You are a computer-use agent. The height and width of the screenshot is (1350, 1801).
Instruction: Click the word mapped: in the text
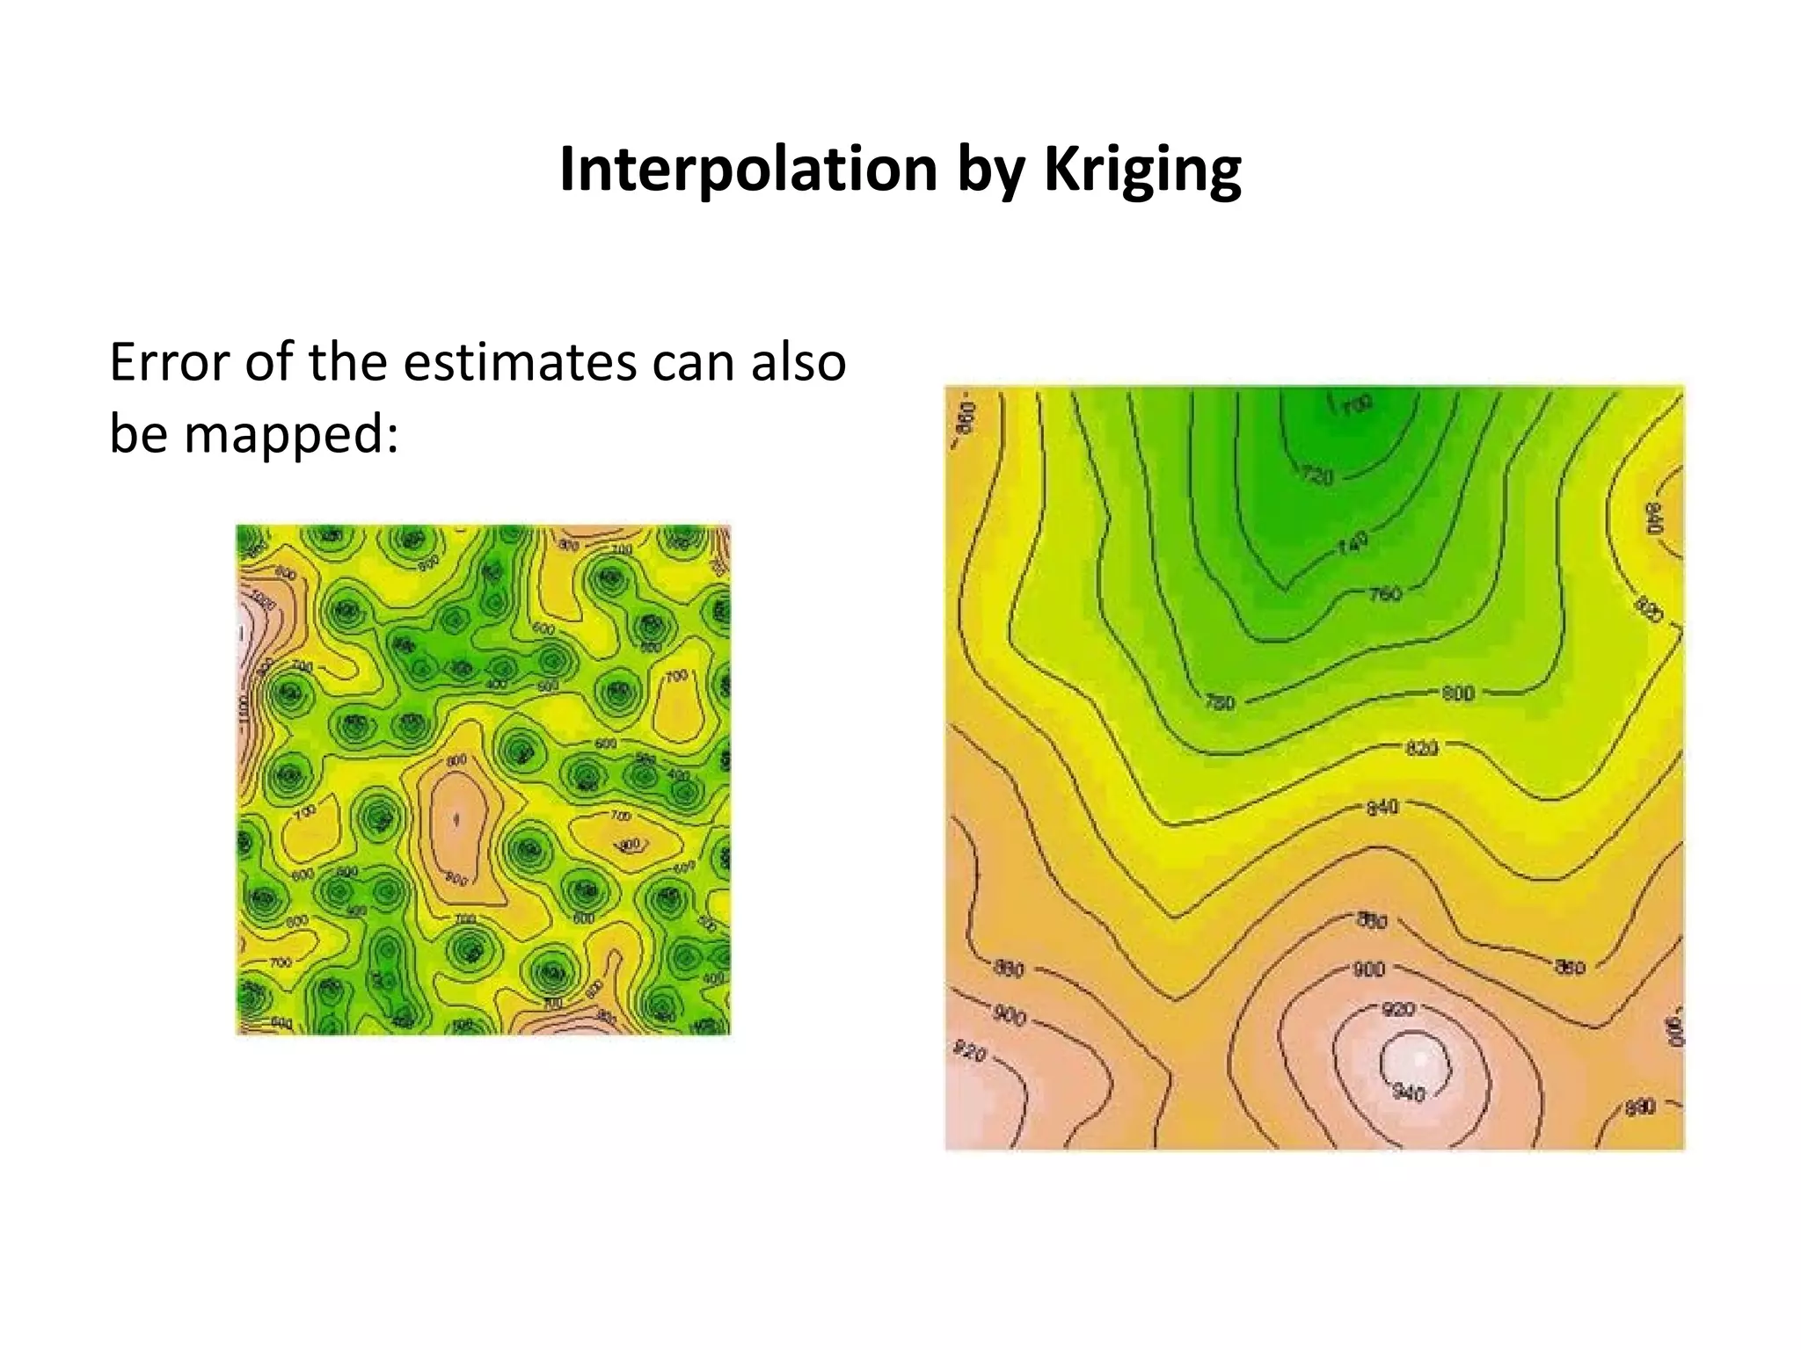pos(291,433)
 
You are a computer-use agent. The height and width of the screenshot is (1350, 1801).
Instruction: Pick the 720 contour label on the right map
pos(1316,475)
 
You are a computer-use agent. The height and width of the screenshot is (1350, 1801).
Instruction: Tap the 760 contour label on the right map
pos(1385,594)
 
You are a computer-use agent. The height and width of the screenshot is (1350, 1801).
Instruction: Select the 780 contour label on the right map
pos(1220,701)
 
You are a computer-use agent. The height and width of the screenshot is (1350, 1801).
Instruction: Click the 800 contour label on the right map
pos(1458,693)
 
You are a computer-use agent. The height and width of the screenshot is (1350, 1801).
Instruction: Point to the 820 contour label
pos(1422,748)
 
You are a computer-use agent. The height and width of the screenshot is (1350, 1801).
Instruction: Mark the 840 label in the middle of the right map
pos(1382,807)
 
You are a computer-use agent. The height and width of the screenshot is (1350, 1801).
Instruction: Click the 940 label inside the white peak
pos(1409,1093)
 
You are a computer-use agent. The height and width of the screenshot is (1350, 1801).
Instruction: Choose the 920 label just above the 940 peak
pos(1397,1009)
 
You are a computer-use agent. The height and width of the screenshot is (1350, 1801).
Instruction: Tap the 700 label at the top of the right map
pos(1357,405)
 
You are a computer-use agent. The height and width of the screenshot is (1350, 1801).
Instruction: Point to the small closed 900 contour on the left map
pos(630,845)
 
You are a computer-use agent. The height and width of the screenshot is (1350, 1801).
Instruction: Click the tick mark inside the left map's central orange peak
pos(456,820)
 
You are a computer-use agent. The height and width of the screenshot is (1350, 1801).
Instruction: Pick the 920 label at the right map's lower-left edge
pos(970,1052)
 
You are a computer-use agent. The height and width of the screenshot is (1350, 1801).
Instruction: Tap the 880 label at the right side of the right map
pos(1570,967)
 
